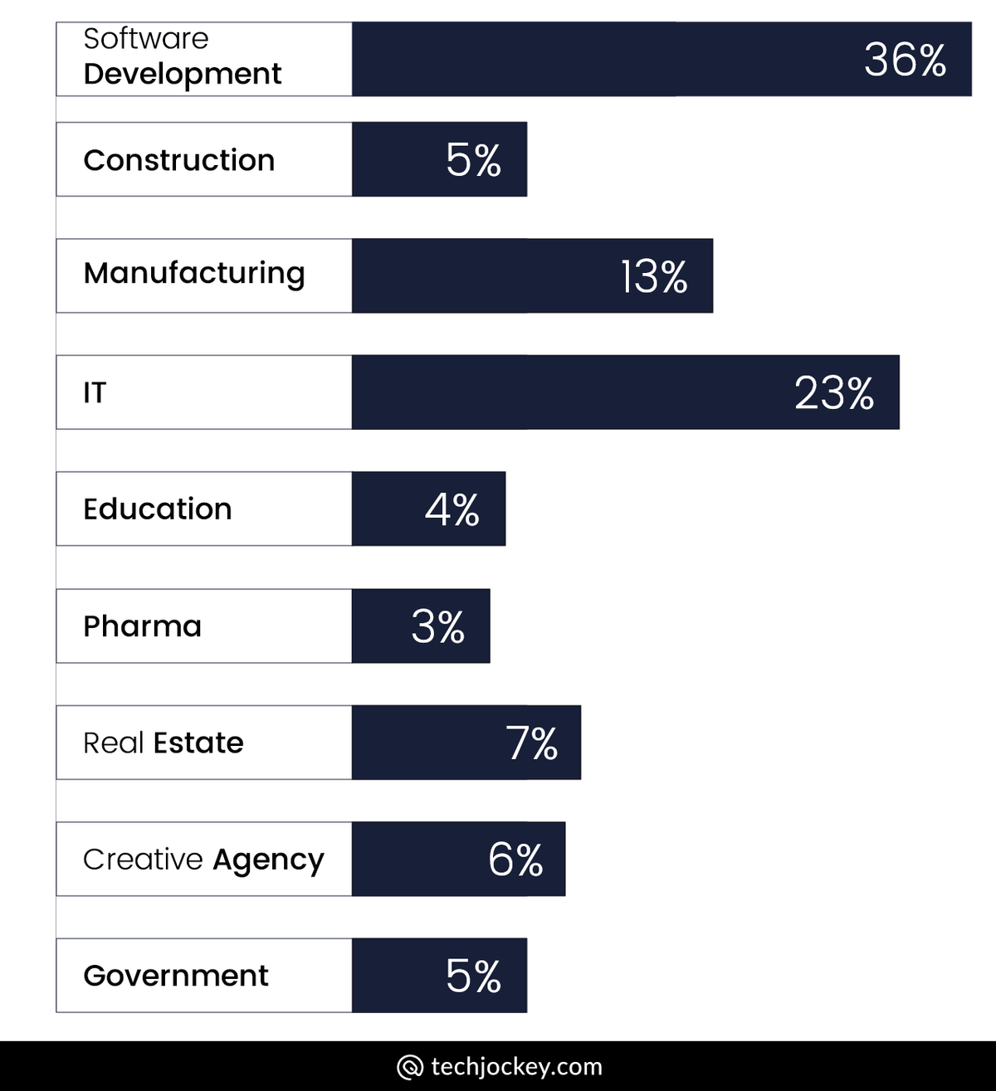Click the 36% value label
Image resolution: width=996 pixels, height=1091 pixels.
point(905,60)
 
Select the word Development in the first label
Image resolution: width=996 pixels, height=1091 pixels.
point(183,74)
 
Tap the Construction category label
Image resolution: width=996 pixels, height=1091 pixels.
point(178,160)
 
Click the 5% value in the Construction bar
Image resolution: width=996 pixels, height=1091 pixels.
point(473,160)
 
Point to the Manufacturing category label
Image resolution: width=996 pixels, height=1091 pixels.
point(194,273)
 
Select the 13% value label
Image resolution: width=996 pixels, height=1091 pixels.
point(654,277)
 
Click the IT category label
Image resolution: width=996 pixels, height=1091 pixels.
point(95,392)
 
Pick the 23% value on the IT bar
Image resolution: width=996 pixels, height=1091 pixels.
point(833,393)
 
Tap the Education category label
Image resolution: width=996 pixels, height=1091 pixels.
point(158,509)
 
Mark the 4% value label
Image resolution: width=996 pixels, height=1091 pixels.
point(452,509)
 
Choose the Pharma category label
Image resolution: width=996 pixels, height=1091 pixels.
point(142,626)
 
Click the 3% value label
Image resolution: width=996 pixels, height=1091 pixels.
point(437,627)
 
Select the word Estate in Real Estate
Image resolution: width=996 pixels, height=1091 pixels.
point(198,743)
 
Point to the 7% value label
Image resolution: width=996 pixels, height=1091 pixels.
point(532,743)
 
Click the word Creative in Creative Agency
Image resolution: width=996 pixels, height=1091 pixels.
point(143,860)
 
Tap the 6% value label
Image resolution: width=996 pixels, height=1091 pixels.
point(515,860)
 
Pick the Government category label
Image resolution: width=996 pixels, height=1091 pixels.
point(176,976)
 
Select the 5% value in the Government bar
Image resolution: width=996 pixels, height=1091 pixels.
point(473,977)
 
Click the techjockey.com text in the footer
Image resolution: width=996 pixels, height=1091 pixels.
point(516,1066)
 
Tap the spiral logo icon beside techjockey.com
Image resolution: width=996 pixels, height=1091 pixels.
point(410,1067)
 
